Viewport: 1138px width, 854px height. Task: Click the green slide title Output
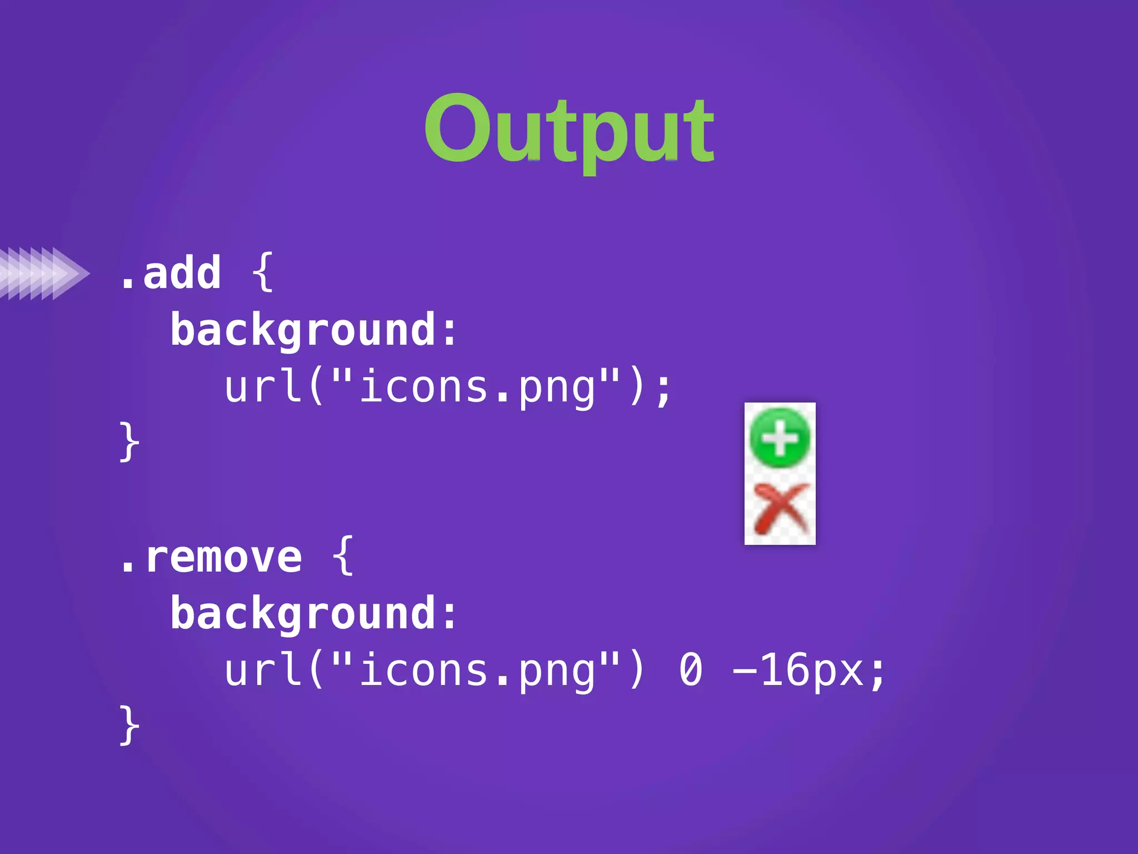pyautogui.click(x=569, y=131)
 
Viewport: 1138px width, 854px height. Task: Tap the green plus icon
pyautogui.click(x=780, y=438)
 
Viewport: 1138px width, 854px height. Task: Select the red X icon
pyautogui.click(x=781, y=508)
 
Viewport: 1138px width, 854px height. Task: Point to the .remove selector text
pyautogui.click(x=211, y=557)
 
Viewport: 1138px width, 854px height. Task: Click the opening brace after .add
pyautogui.click(x=263, y=272)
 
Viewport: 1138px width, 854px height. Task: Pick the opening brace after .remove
pyautogui.click(x=343, y=555)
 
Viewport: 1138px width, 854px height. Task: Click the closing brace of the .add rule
pyautogui.click(x=129, y=441)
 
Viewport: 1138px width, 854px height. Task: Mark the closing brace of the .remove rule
pyautogui.click(x=129, y=725)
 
